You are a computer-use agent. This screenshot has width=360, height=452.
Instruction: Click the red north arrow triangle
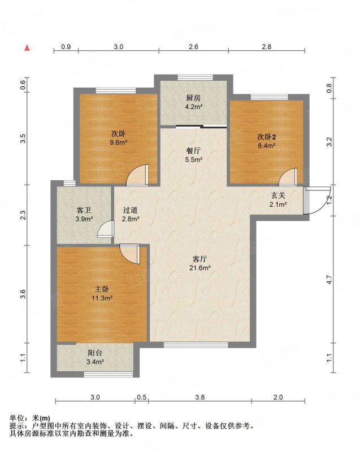tap(27, 47)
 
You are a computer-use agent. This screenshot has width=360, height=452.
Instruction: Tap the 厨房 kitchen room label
tap(193, 98)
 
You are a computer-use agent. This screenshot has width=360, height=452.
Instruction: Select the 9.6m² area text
tap(119, 142)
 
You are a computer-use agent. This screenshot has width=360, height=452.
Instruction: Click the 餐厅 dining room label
tap(193, 151)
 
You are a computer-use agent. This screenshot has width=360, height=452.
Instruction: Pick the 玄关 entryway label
tap(278, 195)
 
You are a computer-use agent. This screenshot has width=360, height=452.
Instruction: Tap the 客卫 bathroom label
tap(84, 210)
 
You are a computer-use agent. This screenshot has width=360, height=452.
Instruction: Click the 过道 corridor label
tap(131, 210)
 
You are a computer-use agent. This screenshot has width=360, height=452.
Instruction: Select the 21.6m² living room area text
tap(199, 268)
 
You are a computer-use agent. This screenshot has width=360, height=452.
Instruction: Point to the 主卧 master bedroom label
tap(102, 289)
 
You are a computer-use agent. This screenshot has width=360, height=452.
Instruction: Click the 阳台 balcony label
tap(95, 353)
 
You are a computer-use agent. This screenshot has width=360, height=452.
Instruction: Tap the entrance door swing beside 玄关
tap(317, 201)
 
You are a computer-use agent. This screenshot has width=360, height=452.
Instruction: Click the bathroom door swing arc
tap(106, 229)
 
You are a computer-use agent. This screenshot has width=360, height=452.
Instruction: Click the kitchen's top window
tap(196, 77)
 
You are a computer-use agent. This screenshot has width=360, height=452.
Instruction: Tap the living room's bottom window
tap(196, 345)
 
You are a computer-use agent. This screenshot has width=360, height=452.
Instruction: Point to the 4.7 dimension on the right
tap(329, 279)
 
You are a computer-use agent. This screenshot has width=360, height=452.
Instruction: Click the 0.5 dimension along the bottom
tap(141, 397)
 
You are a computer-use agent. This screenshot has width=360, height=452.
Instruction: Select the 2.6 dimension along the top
tap(193, 46)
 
